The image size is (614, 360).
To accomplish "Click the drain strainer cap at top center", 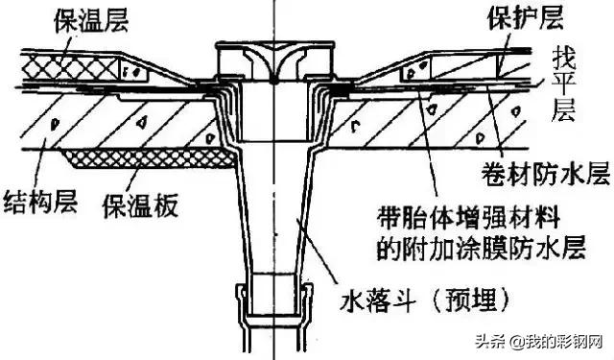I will tap(272, 58).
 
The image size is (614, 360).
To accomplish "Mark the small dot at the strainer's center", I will tap(272, 82).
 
